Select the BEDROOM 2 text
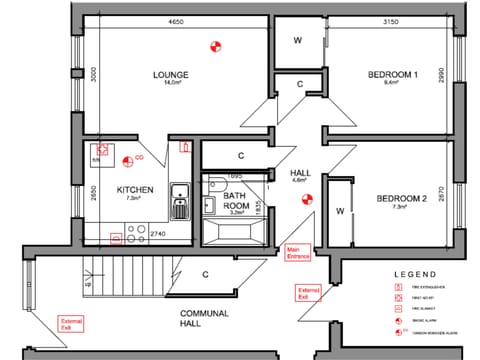click(401, 199)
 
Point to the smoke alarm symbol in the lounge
click(213, 45)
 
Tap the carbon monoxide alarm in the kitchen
click(127, 159)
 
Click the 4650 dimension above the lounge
click(176, 21)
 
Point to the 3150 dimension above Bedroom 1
click(391, 21)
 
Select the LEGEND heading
click(418, 274)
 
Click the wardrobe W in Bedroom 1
click(298, 40)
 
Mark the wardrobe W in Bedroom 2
click(339, 211)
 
